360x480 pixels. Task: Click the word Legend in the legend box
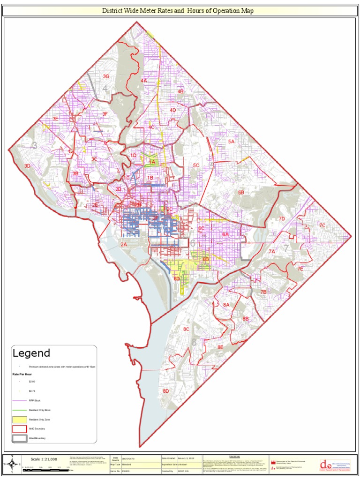31,353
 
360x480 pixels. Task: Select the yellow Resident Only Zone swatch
19,420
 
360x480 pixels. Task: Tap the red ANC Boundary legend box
19,429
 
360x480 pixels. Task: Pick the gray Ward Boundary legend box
19,438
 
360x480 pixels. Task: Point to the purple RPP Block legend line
19,401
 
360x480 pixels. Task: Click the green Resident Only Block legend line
19,410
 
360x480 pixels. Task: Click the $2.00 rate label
32,382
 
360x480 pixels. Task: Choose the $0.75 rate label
32,391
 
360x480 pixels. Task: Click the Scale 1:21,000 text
44,459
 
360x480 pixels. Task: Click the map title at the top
178,10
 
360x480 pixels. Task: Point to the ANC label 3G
106,76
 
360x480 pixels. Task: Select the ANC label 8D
165,390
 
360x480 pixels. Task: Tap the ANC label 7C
322,225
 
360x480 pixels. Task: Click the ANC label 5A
231,141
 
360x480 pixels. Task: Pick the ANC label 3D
27,166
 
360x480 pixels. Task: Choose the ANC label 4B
180,91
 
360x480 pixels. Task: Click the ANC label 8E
220,347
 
